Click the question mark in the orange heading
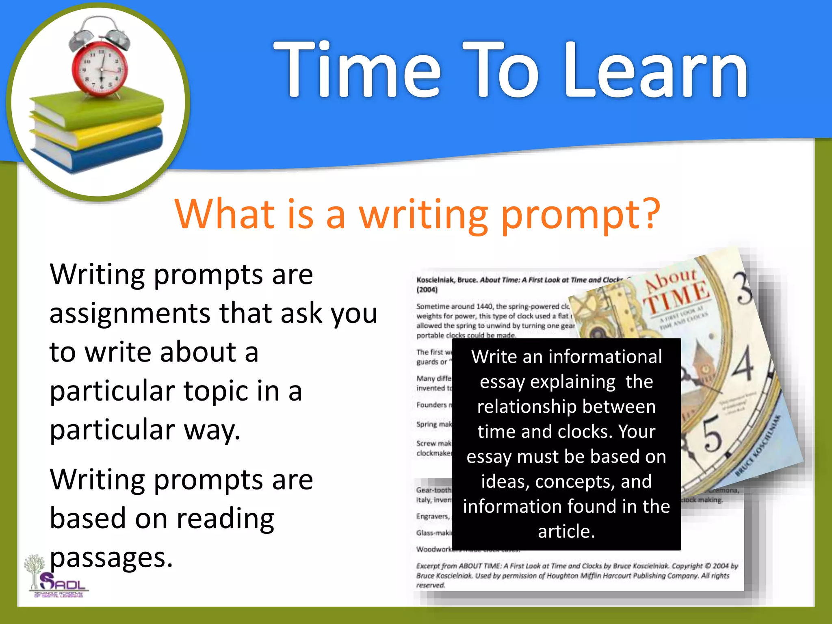pyautogui.click(x=647, y=213)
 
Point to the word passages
pyautogui.click(x=111, y=557)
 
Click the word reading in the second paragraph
pyautogui.click(x=225, y=519)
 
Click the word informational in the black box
pyautogui.click(x=605, y=357)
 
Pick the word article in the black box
pyautogui.click(x=566, y=531)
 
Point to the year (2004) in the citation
pyautogui.click(x=427, y=290)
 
